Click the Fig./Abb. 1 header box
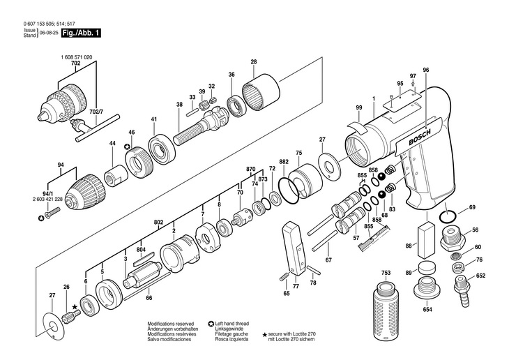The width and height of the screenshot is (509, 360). click(x=81, y=33)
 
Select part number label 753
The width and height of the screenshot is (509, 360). click(x=385, y=271)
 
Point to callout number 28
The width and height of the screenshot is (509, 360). click(x=254, y=62)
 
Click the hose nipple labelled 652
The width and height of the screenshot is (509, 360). click(x=460, y=285)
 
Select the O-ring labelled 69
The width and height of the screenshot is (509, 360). click(x=450, y=212)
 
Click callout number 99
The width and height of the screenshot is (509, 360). click(x=358, y=107)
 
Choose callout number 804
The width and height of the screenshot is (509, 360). click(x=142, y=248)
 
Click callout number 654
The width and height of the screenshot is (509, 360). click(x=427, y=310)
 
